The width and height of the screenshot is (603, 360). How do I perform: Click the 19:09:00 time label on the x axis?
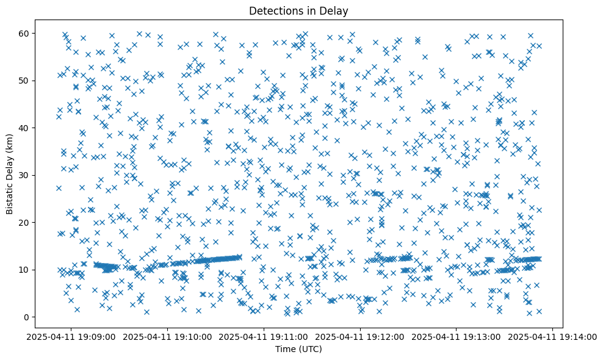(x=71, y=336)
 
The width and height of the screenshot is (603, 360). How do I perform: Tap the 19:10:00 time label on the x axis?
(x=168, y=336)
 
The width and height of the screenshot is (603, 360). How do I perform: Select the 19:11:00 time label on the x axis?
(x=264, y=336)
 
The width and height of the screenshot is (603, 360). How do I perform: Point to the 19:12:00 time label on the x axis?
(x=361, y=336)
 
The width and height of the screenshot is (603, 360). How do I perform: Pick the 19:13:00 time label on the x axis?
(x=457, y=336)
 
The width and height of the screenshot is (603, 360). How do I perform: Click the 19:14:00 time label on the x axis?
(x=553, y=336)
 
